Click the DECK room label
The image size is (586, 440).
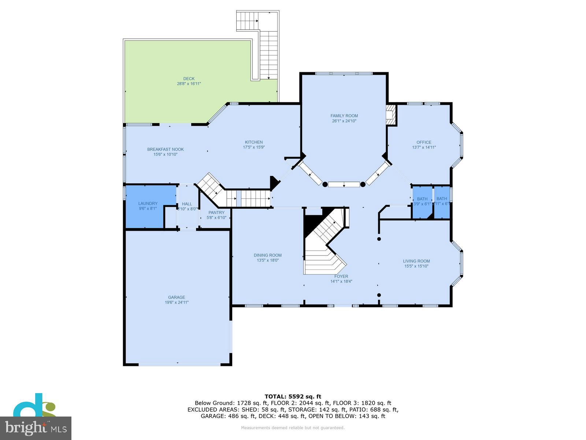[189, 78]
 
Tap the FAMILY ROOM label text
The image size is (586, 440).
[344, 116]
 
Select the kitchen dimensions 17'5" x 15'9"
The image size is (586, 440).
[254, 147]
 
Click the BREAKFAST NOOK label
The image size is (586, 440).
[166, 149]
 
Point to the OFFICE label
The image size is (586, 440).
[424, 142]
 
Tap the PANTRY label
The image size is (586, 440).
[216, 213]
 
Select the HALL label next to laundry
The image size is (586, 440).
[187, 204]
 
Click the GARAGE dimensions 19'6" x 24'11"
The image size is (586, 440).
[177, 302]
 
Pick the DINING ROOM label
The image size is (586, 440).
[268, 255]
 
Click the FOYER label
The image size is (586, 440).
[341, 276]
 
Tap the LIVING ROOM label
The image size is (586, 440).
[416, 261]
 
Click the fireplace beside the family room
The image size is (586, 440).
[391, 115]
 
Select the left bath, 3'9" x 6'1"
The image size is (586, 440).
[422, 202]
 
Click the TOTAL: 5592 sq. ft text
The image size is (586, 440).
[293, 396]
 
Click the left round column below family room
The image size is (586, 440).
[325, 184]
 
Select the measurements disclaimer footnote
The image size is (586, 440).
[293, 428]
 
